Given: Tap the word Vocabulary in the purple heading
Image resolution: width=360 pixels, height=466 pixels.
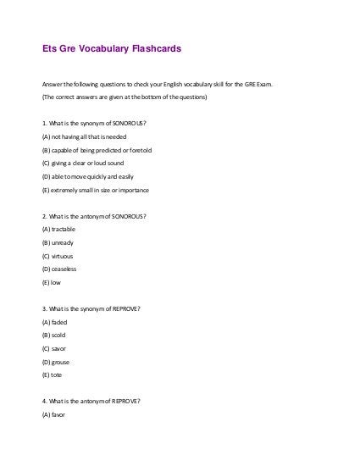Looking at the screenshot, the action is [103, 49].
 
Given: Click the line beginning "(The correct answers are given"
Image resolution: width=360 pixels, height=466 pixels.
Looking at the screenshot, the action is [123, 97].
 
